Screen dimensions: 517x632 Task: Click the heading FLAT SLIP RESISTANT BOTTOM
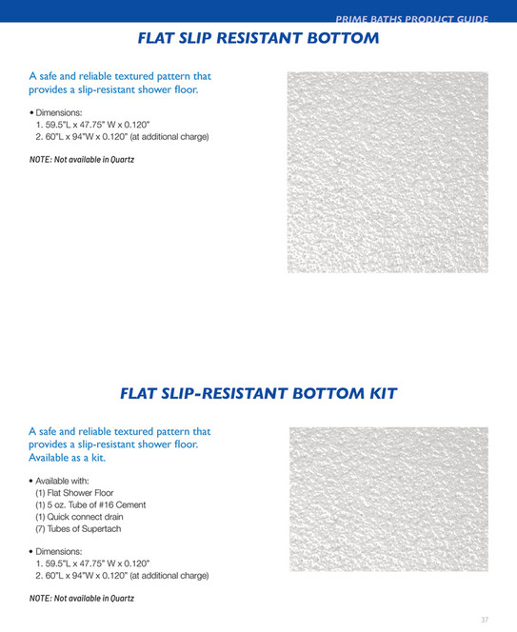coord(258,39)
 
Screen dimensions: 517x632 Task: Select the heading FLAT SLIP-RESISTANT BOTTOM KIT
coord(258,393)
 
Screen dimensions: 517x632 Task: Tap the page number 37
coord(485,620)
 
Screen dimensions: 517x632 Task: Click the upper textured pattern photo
coord(388,172)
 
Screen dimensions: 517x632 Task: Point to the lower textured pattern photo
coord(388,499)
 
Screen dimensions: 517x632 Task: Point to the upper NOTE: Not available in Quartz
coord(82,159)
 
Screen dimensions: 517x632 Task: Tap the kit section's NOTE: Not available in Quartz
coord(82,599)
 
